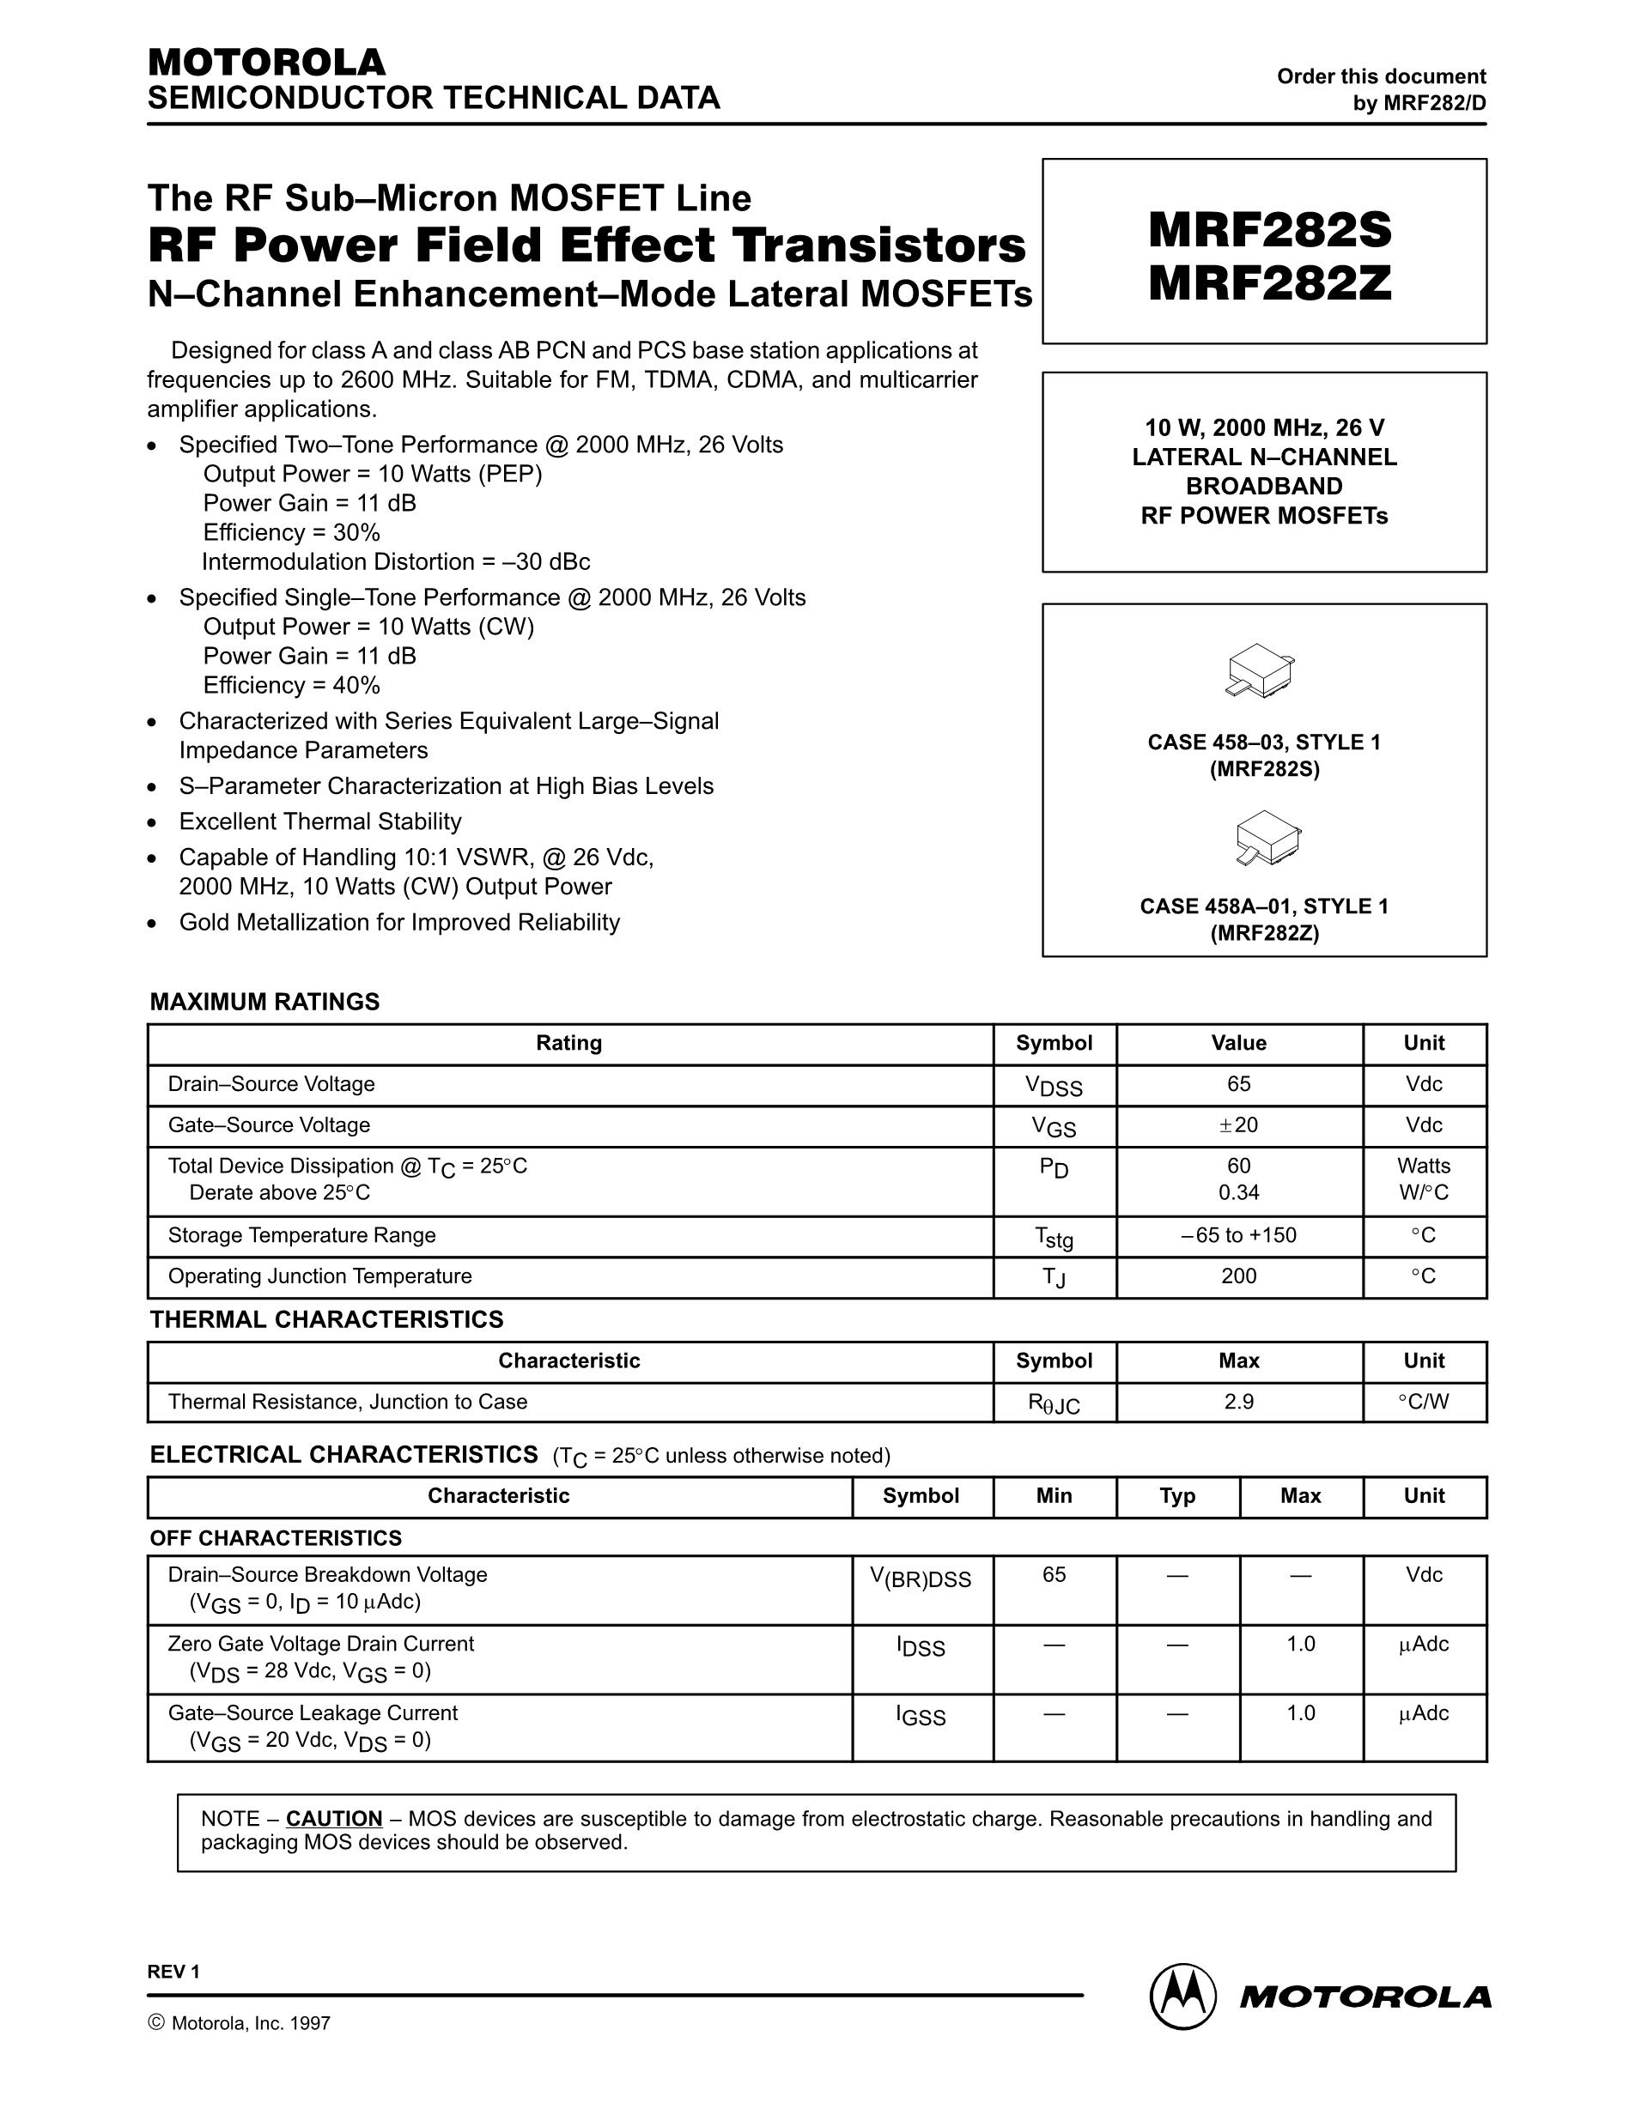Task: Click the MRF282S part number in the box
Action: (x=1269, y=231)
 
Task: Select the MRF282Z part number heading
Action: (x=1269, y=284)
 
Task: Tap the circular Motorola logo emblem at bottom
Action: (x=1182, y=1997)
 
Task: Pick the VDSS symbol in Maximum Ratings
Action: (x=1054, y=1087)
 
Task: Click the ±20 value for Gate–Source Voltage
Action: (x=1238, y=1125)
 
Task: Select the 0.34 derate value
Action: (x=1238, y=1193)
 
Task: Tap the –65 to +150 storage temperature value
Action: (x=1238, y=1236)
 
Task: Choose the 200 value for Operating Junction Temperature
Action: (x=1238, y=1276)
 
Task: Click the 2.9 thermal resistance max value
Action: (x=1238, y=1403)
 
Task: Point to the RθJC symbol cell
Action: (x=1054, y=1404)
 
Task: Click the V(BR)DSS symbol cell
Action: (x=921, y=1579)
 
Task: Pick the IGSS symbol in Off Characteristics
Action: (x=921, y=1716)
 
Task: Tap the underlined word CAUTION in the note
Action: (x=334, y=1819)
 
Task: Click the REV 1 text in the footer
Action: (x=173, y=1973)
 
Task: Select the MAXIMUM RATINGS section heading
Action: (x=264, y=1003)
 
